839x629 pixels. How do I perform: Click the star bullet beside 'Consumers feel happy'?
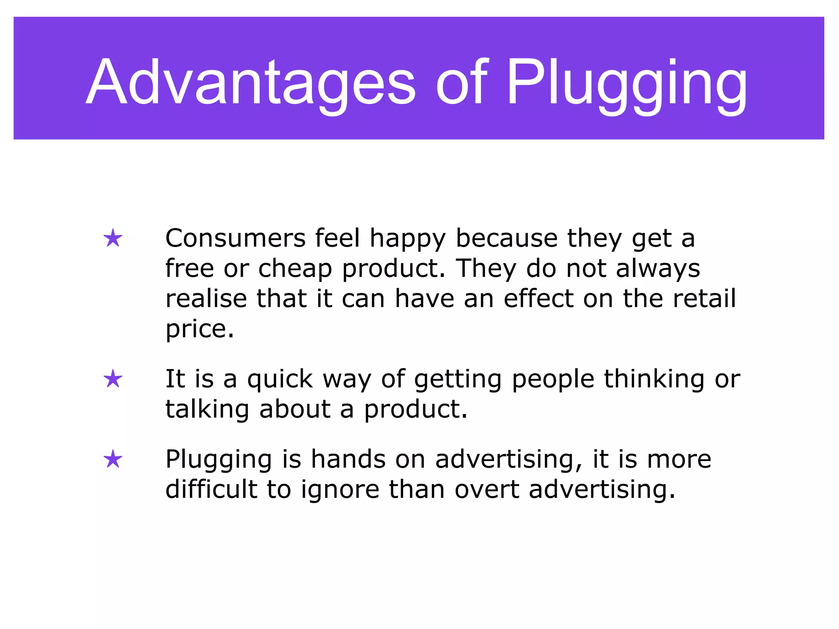[x=113, y=238]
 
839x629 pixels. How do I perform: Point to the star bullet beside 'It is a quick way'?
[x=113, y=379]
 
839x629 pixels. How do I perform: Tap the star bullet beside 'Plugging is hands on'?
[x=113, y=459]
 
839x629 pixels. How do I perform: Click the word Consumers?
[x=236, y=238]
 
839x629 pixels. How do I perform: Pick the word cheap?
[x=295, y=269]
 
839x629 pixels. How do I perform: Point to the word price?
[x=200, y=329]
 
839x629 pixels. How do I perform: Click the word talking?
[x=207, y=410]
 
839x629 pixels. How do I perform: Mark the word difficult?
[x=211, y=490]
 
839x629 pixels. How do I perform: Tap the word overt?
[x=487, y=490]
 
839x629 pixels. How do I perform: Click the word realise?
[x=206, y=299]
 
